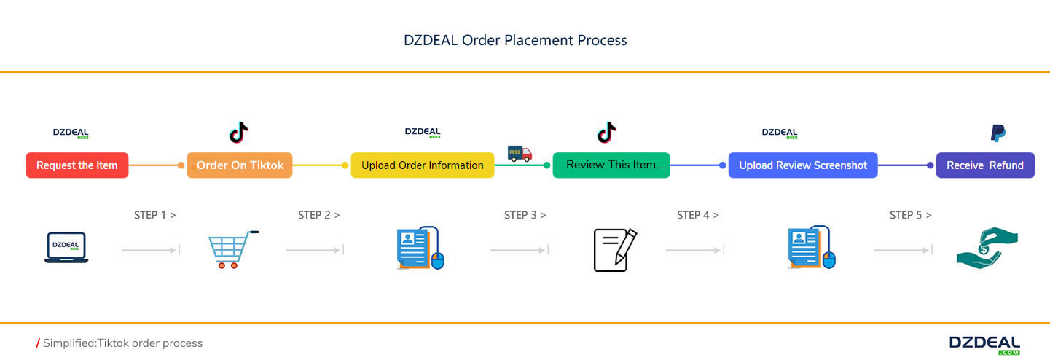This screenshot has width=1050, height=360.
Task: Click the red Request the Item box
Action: click(77, 165)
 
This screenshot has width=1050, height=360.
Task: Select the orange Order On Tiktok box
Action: click(240, 165)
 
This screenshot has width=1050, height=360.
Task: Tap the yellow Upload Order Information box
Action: click(422, 165)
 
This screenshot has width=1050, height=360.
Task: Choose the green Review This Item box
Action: click(611, 165)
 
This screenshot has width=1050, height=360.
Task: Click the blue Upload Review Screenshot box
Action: click(803, 165)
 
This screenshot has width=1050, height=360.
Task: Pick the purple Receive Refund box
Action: click(984, 165)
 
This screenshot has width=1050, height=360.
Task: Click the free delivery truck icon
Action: click(520, 153)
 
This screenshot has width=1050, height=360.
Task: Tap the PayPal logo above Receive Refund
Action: click(998, 133)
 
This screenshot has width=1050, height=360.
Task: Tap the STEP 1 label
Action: click(155, 215)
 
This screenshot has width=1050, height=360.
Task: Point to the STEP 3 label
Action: click(525, 215)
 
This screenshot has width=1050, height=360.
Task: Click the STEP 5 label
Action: click(911, 215)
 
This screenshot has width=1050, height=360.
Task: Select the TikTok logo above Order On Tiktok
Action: click(239, 133)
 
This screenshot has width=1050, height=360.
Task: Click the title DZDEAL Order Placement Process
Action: click(515, 40)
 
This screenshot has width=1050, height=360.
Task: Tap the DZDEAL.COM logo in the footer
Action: click(984, 344)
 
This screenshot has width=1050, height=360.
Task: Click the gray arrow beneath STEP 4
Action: click(694, 250)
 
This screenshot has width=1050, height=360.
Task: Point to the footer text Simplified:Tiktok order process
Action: click(122, 343)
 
